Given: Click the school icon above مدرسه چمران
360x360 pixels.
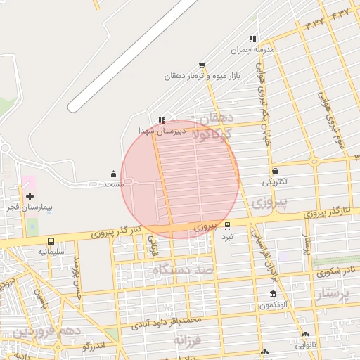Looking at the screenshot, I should pos(252,39).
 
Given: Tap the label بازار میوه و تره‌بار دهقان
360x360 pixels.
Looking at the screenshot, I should pos(200,75).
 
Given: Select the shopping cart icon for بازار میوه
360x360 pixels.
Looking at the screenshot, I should pos(202,65).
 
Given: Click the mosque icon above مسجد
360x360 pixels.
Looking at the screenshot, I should pos(113,174).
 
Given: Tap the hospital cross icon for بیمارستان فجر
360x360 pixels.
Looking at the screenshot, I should pos(30,196).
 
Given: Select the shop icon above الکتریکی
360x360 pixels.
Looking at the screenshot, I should pos(274,171).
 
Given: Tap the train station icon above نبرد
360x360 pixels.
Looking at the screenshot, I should pos(227,226).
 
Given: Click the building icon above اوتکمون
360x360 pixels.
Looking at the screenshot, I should pos(273,294).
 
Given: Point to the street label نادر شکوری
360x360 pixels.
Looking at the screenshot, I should pos(335,270).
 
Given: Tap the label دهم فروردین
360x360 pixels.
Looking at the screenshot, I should pos(48,330).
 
